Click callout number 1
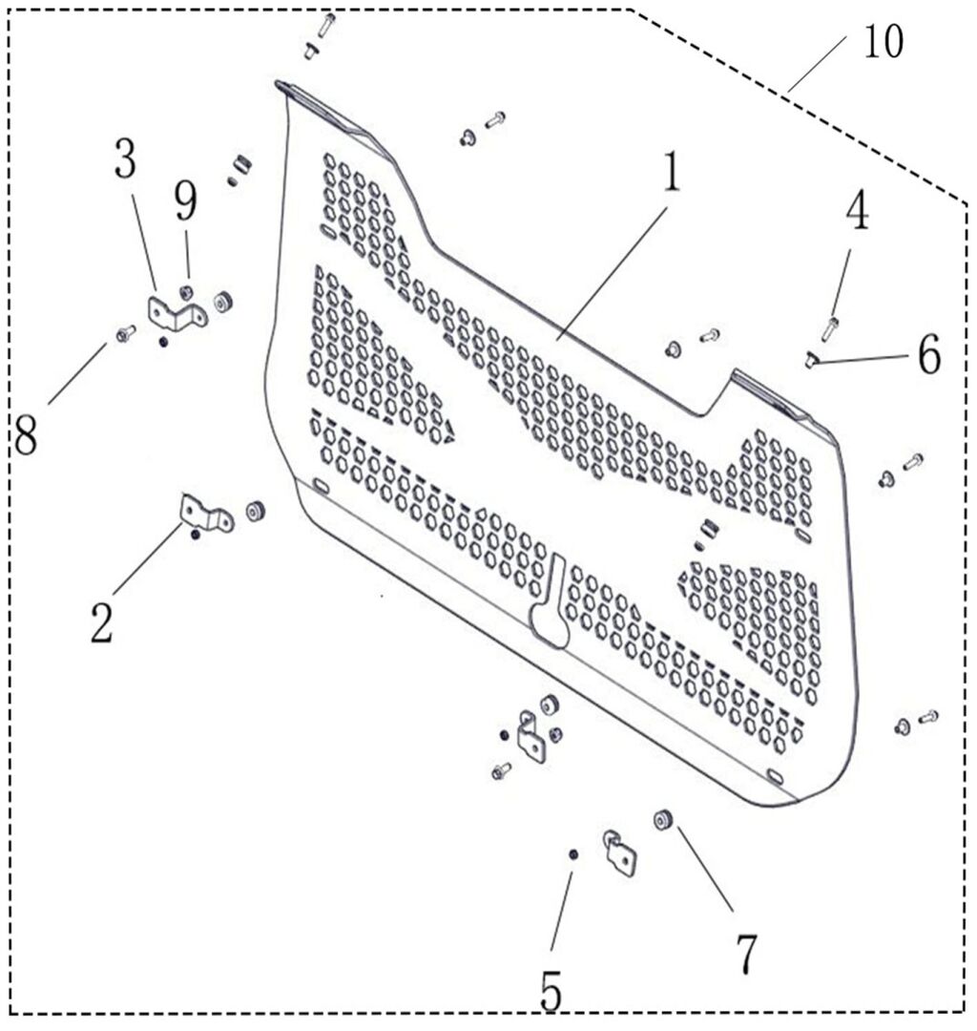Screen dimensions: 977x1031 [672, 172]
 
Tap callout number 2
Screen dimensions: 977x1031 [102, 622]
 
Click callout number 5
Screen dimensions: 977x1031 [551, 991]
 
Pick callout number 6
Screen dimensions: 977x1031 [929, 355]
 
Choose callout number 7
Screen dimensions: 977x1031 [746, 955]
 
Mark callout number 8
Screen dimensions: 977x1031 [26, 435]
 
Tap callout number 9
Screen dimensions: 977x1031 [185, 201]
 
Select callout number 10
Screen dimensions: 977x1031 [883, 41]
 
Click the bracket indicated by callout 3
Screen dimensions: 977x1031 [177, 313]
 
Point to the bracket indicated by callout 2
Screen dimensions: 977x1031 [205, 513]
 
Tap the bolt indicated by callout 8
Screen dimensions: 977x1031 [125, 333]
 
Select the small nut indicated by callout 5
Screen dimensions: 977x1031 [572, 854]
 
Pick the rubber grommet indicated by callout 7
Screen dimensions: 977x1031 [664, 820]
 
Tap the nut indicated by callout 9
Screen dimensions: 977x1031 [186, 290]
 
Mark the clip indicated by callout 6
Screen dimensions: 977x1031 [811, 360]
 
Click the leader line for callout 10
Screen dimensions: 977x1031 [818, 63]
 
